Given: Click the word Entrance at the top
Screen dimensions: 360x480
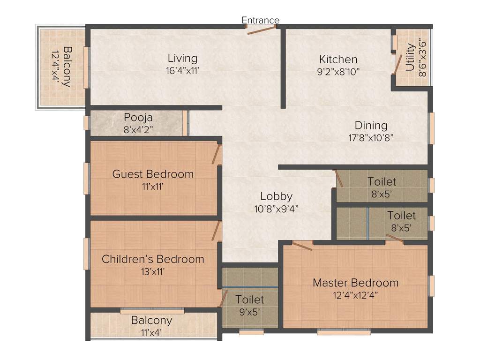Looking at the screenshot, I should tap(260, 20).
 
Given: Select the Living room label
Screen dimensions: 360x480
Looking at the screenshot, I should tap(182, 59).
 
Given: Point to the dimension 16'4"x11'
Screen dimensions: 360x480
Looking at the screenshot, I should tap(182, 71).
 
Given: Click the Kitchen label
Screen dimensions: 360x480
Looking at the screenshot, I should tap(338, 60).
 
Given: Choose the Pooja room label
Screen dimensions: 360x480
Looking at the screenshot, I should tap(138, 117).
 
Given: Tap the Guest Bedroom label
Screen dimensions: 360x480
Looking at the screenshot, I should tap(153, 174).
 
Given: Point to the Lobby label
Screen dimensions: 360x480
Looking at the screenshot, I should tap(277, 196).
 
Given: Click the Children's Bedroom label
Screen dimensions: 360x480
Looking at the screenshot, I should tap(153, 259).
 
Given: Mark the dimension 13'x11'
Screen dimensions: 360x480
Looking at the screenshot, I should tap(153, 271).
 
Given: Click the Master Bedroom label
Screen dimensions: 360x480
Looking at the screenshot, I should tap(355, 283).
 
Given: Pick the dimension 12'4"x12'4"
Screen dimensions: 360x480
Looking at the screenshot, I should tap(355, 295).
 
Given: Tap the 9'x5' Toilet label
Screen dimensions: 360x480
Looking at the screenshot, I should tap(249, 300).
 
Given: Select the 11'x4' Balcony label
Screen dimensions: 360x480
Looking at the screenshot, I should tap(151, 321).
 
